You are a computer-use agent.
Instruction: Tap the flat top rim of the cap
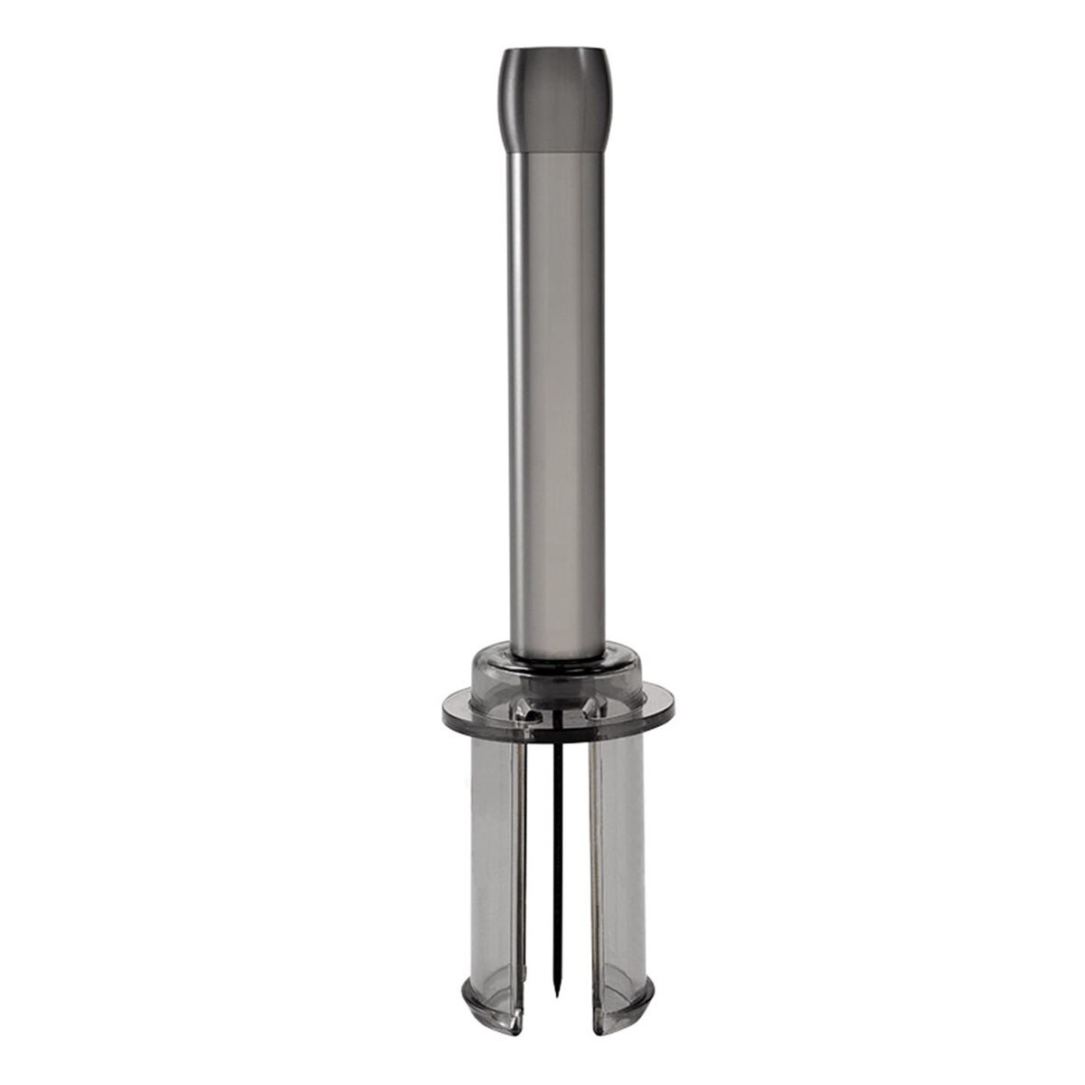click(x=542, y=45)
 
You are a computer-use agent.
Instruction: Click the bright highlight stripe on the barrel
click(x=520, y=398)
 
